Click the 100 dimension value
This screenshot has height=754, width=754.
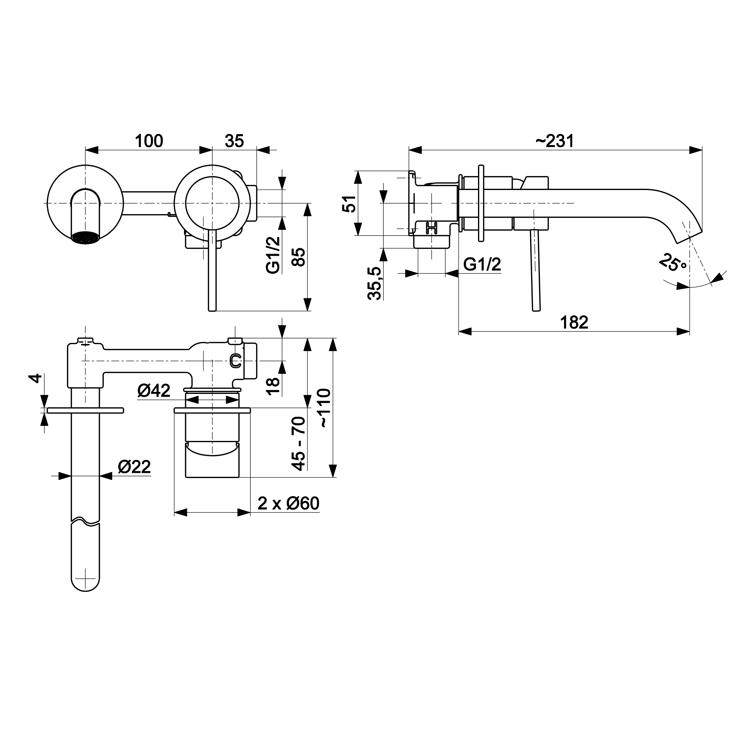(149, 141)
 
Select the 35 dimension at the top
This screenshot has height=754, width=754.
(234, 141)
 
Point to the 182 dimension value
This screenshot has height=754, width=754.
(574, 322)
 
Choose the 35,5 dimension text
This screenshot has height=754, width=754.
(374, 283)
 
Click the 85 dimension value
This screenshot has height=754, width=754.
(299, 257)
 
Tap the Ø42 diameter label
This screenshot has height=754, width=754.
(154, 390)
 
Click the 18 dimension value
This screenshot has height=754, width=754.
(273, 386)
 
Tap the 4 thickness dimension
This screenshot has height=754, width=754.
(36, 378)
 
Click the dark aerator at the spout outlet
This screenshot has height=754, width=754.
(85, 238)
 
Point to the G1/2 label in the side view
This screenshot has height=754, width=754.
(482, 265)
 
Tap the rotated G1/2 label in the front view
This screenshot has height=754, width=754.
(273, 255)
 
